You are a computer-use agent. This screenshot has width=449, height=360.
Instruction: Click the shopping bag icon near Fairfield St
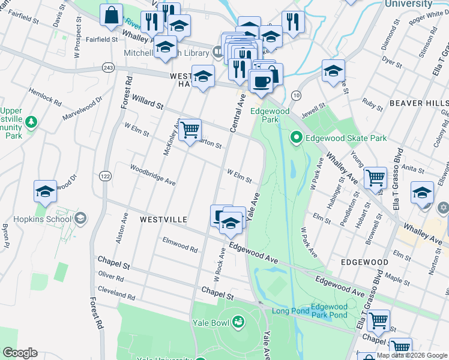[112, 16]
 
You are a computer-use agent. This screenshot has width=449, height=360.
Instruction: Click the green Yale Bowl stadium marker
[238, 322]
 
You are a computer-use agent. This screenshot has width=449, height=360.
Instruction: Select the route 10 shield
[296, 95]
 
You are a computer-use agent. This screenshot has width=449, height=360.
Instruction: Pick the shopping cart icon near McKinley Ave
[190, 130]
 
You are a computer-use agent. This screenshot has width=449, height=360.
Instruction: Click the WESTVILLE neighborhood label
[164, 220]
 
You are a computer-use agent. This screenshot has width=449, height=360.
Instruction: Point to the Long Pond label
[290, 310]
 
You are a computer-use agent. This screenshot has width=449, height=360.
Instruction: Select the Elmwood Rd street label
[179, 244]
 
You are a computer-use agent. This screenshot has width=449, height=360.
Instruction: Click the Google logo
[20, 353]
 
